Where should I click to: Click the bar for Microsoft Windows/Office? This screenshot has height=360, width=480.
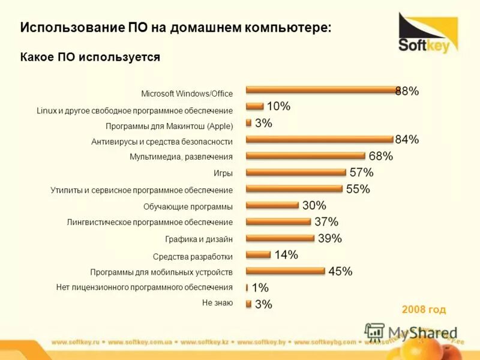click(x=321, y=90)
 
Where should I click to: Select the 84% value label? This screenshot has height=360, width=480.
click(x=407, y=140)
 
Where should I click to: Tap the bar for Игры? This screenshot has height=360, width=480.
click(x=296, y=172)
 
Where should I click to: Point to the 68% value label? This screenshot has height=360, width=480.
click(x=380, y=157)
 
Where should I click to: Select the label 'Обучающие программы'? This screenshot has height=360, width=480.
click(x=188, y=206)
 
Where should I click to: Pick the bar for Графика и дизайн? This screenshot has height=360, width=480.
click(x=280, y=238)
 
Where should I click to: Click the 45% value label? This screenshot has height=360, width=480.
click(x=340, y=271)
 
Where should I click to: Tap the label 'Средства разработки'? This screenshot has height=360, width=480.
click(x=193, y=256)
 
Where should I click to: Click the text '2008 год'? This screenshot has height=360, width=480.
click(x=424, y=310)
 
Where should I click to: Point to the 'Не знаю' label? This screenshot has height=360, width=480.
click(x=217, y=303)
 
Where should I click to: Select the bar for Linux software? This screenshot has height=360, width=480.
click(x=255, y=106)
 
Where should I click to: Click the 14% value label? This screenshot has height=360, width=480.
click(x=286, y=254)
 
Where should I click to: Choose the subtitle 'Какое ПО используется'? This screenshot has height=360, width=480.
click(x=90, y=57)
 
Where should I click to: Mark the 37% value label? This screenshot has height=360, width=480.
click(x=326, y=222)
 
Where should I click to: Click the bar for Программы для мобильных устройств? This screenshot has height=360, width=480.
click(x=286, y=271)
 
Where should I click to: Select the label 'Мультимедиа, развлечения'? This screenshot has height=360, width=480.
click(x=181, y=157)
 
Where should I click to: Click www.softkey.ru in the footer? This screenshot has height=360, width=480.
click(x=74, y=342)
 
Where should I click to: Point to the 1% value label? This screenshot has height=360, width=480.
click(x=260, y=288)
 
